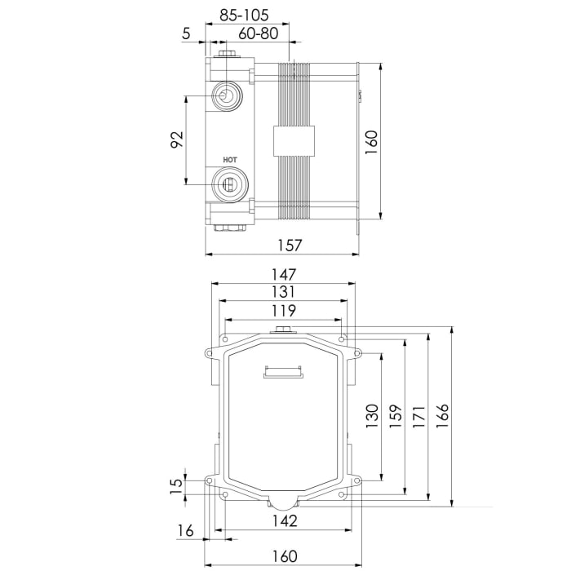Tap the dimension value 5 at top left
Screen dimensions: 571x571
(187, 33)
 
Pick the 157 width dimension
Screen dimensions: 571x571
(290, 245)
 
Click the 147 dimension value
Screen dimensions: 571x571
(285, 274)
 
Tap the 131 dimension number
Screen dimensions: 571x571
(285, 292)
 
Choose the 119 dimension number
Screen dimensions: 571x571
(285, 311)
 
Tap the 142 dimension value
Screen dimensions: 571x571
(285, 520)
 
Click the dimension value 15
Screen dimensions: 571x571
(175, 487)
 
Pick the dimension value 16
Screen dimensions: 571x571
(186, 531)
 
